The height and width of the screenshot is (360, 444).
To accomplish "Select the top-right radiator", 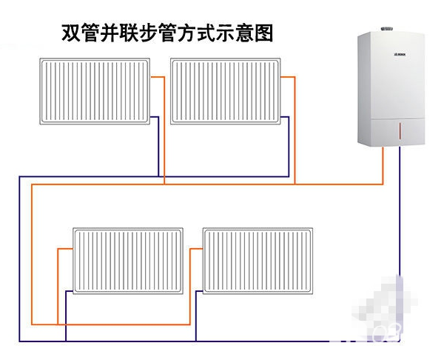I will point(226,91).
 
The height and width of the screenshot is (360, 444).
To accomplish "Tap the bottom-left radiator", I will point(127,260).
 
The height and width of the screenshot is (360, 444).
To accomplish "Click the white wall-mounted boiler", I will point(391,89).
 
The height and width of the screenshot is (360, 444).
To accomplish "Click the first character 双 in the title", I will point(70,34).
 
